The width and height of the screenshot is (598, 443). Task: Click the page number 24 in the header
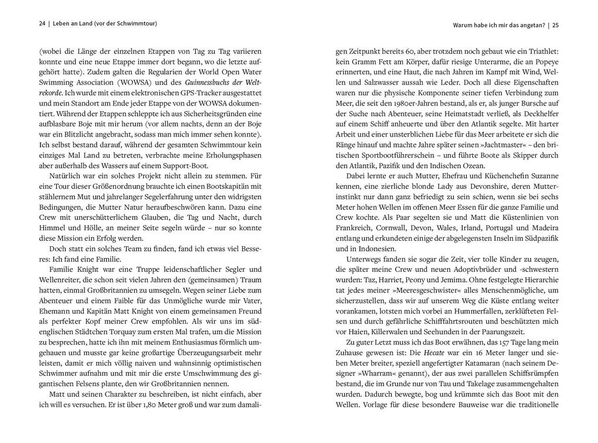coord(42,23)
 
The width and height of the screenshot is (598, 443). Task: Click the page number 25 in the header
coord(555,26)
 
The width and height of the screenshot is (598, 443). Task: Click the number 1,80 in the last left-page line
coord(152,405)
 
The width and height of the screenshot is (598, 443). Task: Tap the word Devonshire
coord(443,186)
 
